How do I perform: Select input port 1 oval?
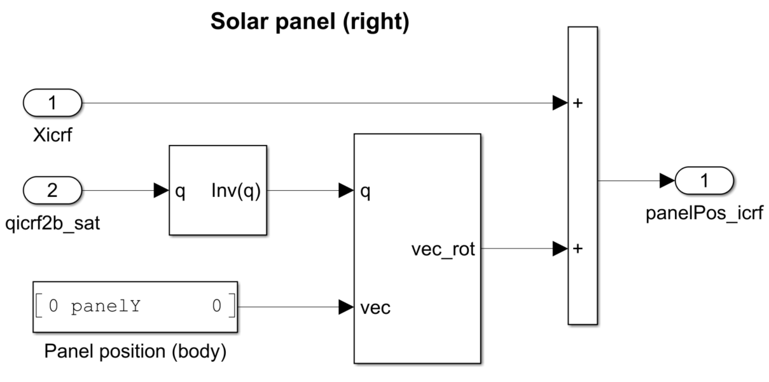52,102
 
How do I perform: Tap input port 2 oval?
52,190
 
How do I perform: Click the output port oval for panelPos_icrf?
704,181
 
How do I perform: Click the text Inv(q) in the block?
235,191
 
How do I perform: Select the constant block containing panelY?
134,307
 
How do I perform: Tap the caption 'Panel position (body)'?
134,350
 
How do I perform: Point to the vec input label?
375,308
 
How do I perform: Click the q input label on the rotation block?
366,190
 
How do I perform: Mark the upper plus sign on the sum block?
578,103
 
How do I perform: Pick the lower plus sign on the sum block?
578,249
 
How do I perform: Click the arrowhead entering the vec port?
345,308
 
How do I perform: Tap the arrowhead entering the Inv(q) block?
161,190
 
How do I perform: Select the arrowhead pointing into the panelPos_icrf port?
667,181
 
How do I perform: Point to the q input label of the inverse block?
180,191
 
